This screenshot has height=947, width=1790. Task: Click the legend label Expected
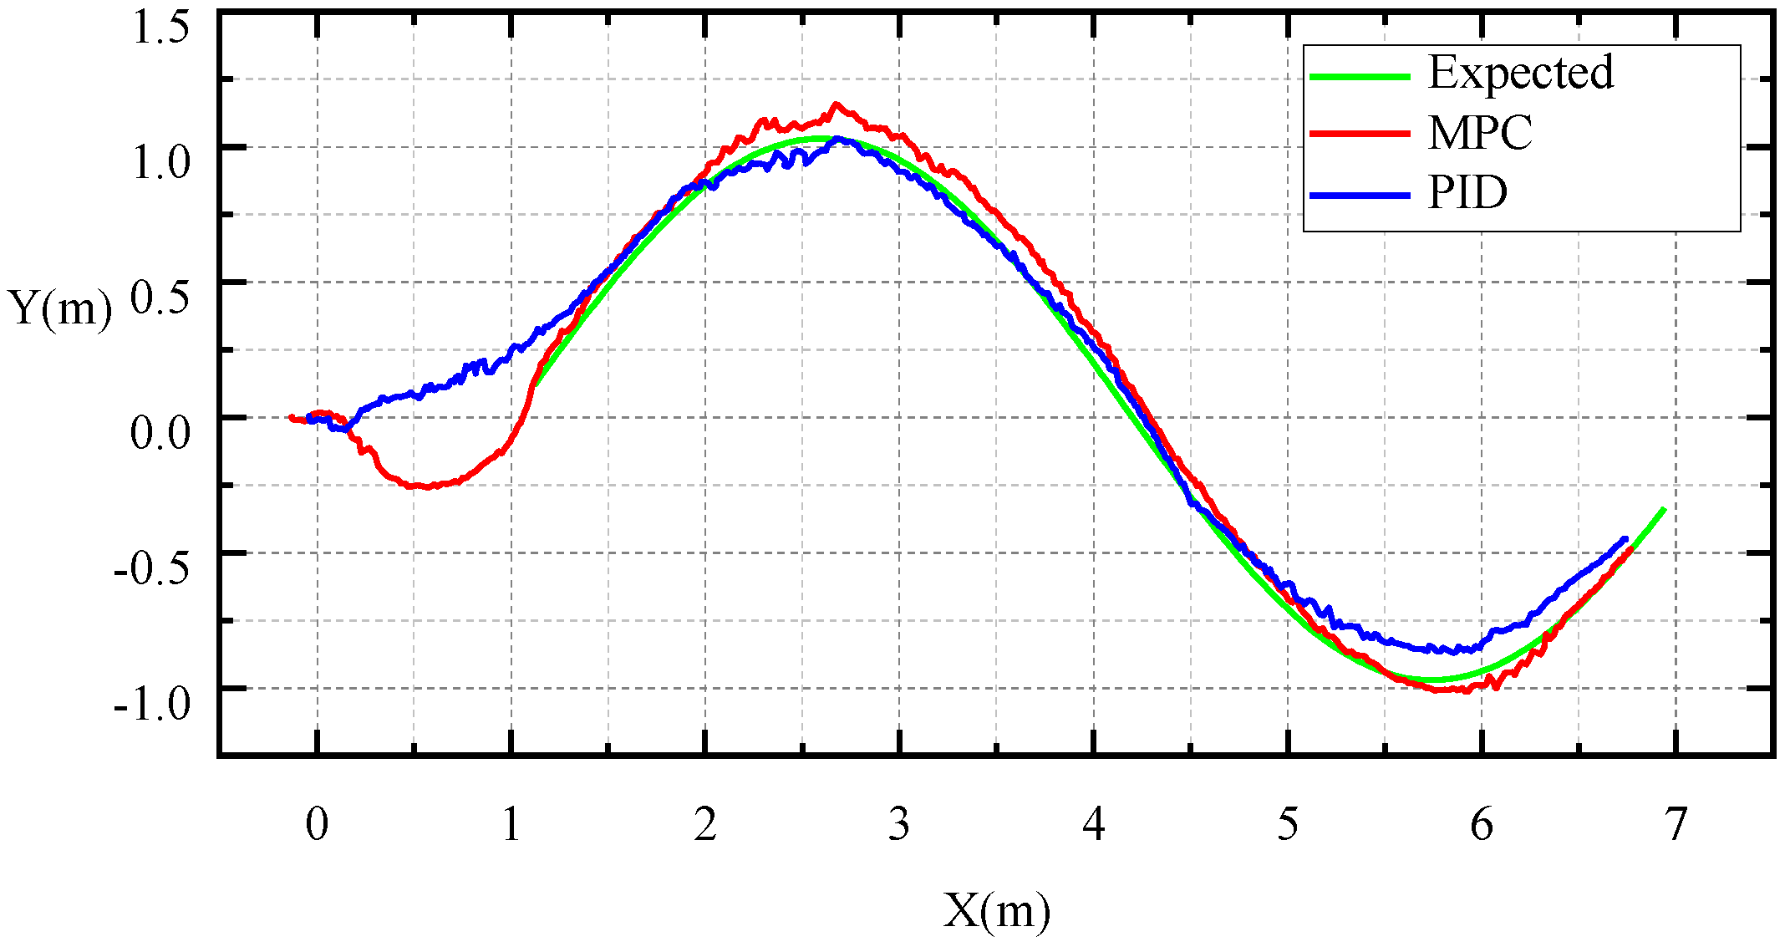(1520, 72)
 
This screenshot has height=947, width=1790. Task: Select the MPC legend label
(1480, 133)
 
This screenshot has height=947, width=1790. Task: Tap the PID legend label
(1467, 193)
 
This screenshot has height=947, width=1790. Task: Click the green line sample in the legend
(1360, 76)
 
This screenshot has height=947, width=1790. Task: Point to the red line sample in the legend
(1360, 134)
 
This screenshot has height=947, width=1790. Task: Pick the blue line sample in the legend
(1360, 196)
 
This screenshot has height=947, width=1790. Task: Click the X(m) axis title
(996, 910)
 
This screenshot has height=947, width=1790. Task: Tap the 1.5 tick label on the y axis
(161, 27)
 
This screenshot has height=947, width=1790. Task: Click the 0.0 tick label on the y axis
(160, 432)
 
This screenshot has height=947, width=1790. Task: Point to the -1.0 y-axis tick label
(152, 703)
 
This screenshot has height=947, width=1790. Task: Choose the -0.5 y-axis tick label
(152, 568)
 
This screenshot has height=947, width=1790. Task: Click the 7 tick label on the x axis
(1676, 825)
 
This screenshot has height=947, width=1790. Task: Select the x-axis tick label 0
(317, 825)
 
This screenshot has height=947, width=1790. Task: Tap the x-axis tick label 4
(1093, 825)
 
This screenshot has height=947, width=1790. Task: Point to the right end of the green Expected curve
(1665, 509)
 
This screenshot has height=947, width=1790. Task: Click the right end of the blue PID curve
(1625, 538)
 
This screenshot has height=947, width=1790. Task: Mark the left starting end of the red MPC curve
(291, 417)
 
